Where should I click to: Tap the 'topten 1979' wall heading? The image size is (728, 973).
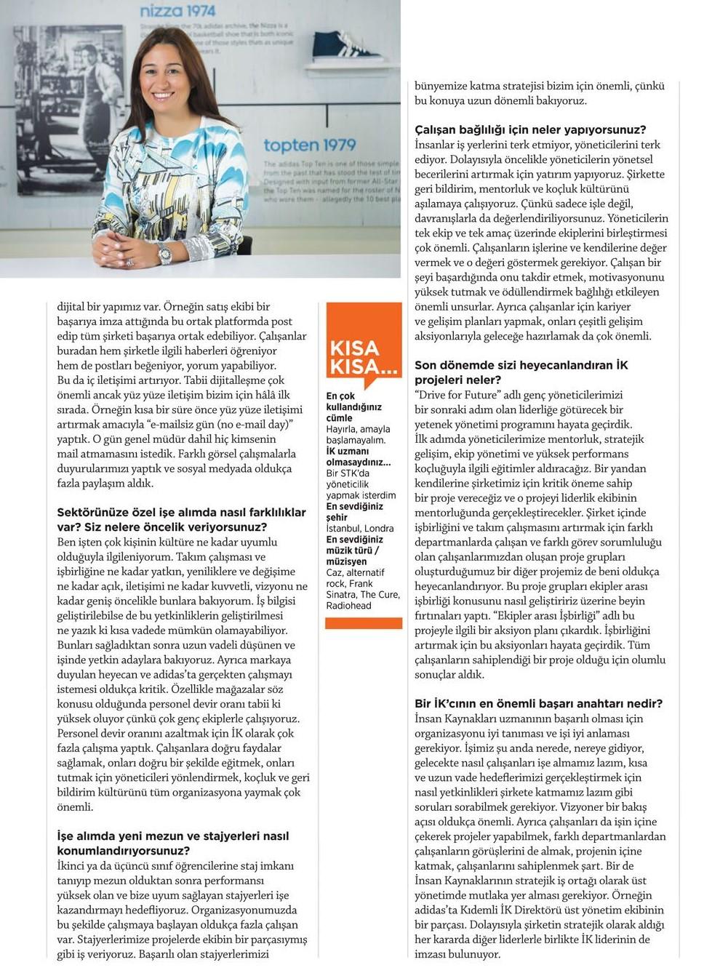pyautogui.click(x=310, y=145)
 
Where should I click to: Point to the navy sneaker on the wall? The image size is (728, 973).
pyautogui.click(x=345, y=44)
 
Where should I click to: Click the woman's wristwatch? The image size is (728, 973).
pyautogui.click(x=164, y=254)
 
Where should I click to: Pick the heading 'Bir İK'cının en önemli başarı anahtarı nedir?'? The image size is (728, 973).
pyautogui.click(x=538, y=704)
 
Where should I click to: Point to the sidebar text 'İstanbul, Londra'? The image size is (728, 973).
pyautogui.click(x=360, y=528)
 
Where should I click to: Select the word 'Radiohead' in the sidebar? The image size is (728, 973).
pyautogui.click(x=349, y=606)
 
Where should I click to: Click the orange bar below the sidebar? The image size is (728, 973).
pyautogui.click(x=364, y=623)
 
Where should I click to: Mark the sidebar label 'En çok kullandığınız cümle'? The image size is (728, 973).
pyautogui.click(x=354, y=407)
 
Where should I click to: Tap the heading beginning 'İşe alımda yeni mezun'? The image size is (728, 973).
pyautogui.click(x=173, y=843)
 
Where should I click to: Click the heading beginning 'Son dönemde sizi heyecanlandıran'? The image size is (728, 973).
pyautogui.click(x=521, y=372)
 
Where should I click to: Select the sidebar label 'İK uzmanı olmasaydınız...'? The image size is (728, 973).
pyautogui.click(x=358, y=457)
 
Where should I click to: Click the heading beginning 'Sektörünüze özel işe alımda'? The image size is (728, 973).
pyautogui.click(x=181, y=519)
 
